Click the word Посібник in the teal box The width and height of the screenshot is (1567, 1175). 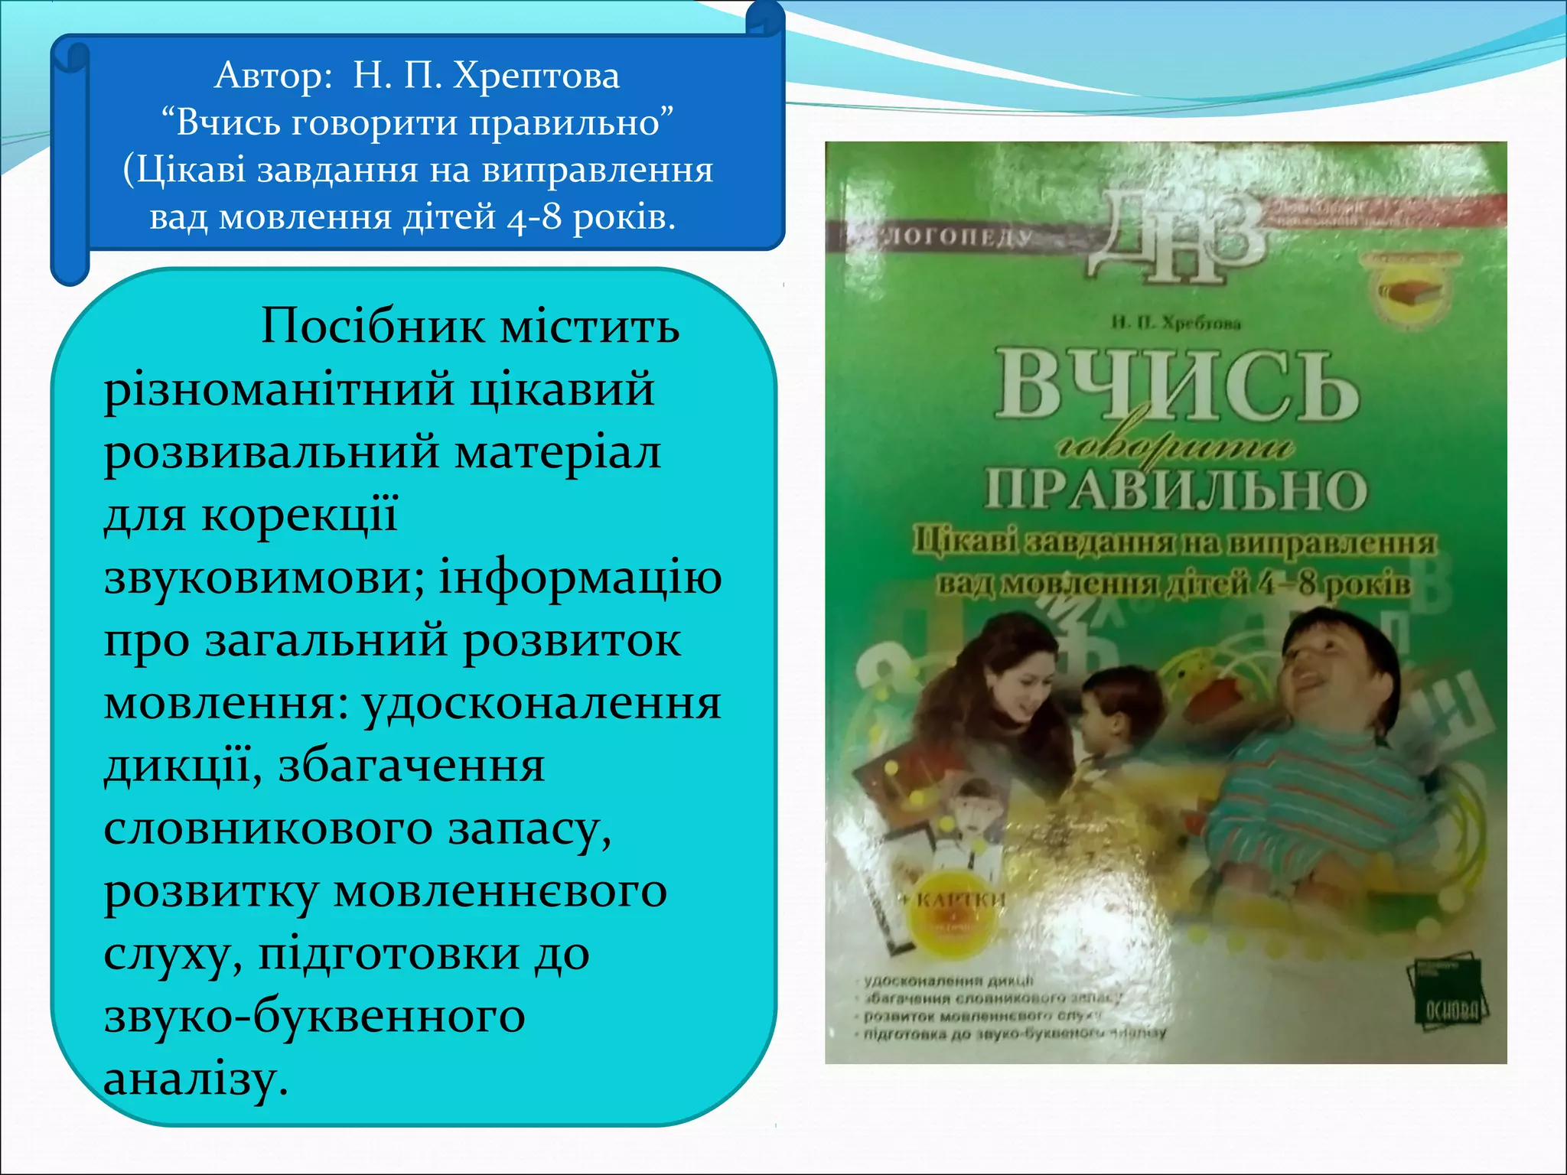pos(373,326)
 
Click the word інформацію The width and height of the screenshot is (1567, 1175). pos(580,578)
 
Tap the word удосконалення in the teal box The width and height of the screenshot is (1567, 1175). pos(542,703)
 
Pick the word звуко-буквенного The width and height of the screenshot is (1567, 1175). pos(314,1017)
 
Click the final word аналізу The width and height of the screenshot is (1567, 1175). pos(195,1079)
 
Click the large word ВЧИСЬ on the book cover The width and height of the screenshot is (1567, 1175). pos(1176,387)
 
